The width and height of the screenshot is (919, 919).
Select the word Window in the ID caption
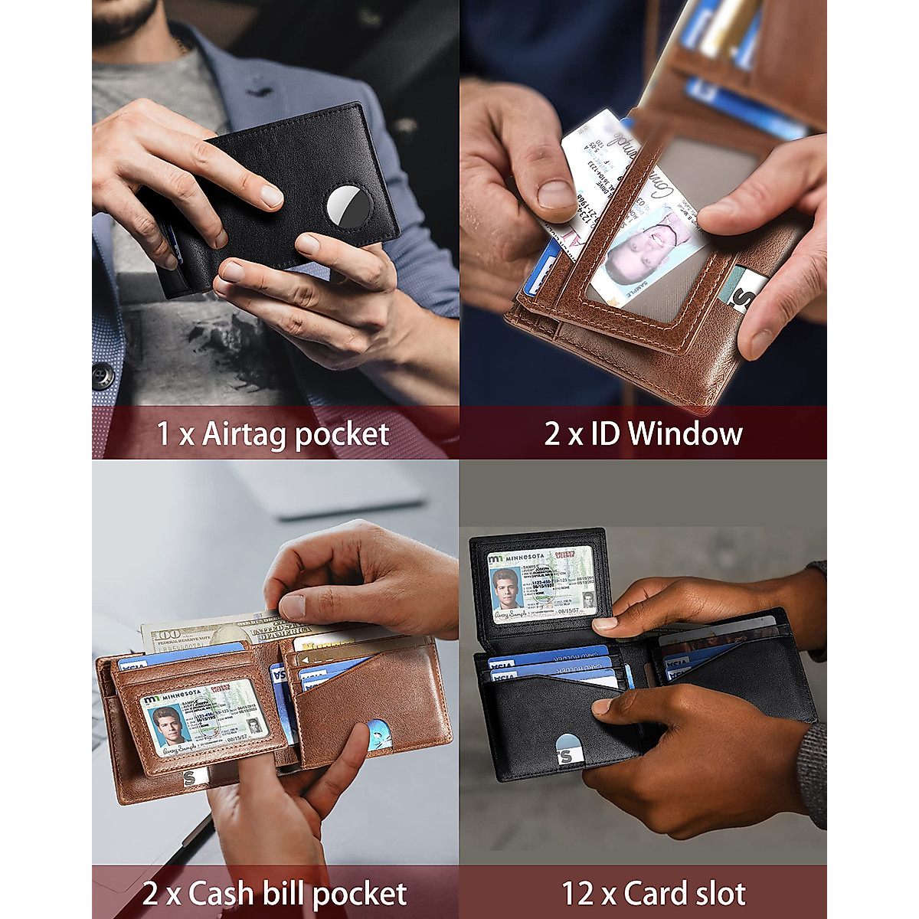coord(685,433)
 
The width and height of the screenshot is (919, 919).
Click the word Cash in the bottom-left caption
coord(221,894)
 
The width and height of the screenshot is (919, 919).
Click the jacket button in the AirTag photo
coord(103,376)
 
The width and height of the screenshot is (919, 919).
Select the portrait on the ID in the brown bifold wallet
coord(169,724)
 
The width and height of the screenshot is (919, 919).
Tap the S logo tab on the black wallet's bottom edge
coord(565,754)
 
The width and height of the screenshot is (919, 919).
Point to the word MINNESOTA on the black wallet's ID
coord(525,557)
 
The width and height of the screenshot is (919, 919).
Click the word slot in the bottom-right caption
coord(715,894)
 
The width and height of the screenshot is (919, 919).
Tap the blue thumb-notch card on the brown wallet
coord(378,735)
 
